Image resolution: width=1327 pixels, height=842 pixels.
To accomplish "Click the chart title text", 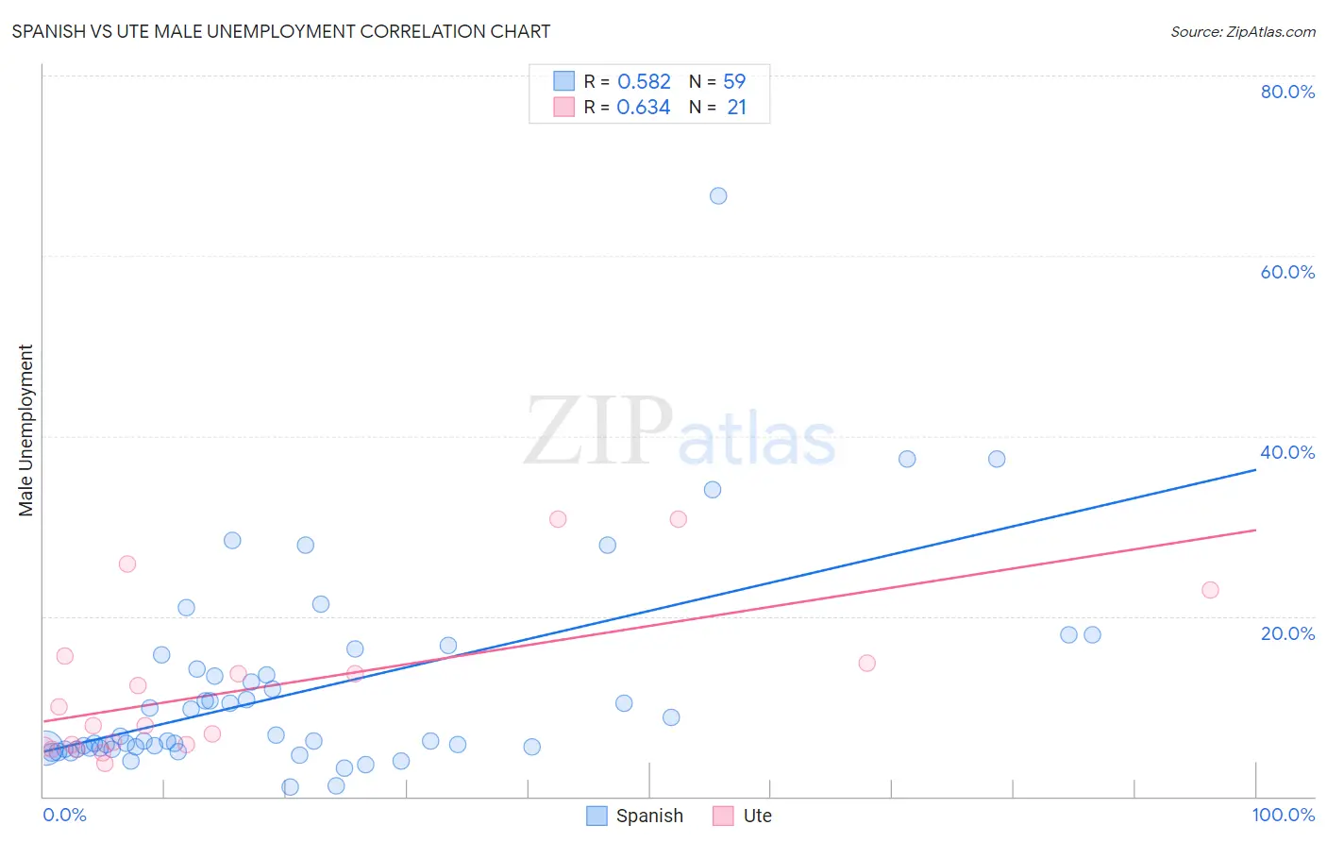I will point(281,31).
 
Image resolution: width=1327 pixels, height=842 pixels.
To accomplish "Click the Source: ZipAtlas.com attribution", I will point(1242,32).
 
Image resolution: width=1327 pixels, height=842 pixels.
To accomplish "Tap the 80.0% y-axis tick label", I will point(1287,92).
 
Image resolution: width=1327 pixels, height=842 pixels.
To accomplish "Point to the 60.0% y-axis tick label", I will point(1287,272).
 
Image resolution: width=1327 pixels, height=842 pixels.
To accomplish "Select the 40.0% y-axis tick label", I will point(1287,452).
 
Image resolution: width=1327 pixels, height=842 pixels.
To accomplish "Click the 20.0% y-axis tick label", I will point(1287,632).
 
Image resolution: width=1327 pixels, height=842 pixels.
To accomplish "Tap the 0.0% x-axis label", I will point(65,815).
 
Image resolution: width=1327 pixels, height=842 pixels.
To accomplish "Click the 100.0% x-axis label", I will point(1283,815).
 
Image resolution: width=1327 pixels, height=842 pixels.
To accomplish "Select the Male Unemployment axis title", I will point(25,430).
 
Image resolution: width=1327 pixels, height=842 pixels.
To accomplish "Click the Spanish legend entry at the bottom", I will point(635,816).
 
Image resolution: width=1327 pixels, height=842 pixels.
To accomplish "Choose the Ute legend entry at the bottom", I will point(743,816).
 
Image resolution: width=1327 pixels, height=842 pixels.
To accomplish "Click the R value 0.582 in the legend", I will point(644,82).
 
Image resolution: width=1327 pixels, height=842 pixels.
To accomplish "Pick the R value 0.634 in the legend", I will point(644,108).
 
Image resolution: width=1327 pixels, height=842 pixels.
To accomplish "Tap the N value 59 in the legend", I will point(734,82).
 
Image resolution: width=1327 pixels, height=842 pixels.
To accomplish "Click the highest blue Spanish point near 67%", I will point(718,196).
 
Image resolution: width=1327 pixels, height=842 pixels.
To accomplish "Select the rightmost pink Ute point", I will point(1210,590).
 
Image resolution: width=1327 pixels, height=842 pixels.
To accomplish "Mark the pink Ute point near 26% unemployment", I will point(127,564).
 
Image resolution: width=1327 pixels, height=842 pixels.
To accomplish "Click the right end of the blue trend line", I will point(1255,469).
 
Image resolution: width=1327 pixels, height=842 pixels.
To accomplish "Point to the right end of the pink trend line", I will point(1255,530).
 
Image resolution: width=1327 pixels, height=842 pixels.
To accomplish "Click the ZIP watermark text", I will point(598,432).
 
